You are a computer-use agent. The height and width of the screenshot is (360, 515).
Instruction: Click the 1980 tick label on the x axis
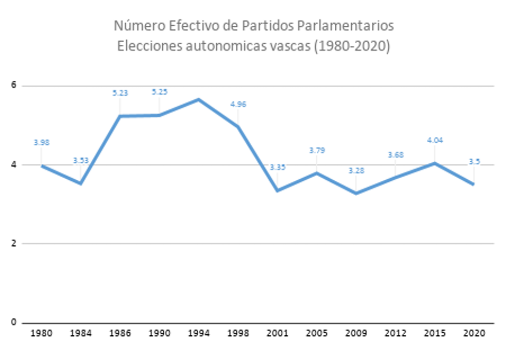(x=41, y=334)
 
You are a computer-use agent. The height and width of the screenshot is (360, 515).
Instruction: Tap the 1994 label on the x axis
(x=198, y=334)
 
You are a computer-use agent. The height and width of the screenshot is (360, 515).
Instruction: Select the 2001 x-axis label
(x=277, y=334)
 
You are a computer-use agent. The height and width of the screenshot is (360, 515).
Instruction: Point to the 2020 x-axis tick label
(x=473, y=334)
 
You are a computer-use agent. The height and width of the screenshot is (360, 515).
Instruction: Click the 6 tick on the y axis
(x=14, y=86)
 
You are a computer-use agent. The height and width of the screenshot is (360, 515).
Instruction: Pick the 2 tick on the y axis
(x=14, y=244)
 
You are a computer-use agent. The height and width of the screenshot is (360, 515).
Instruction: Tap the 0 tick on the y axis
(x=14, y=322)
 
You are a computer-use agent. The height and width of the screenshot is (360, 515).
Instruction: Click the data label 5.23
(x=120, y=93)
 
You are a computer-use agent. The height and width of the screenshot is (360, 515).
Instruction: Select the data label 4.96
(x=238, y=104)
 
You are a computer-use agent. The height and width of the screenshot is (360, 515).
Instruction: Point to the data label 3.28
(x=356, y=170)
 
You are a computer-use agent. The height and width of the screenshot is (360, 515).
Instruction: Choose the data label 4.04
(x=435, y=140)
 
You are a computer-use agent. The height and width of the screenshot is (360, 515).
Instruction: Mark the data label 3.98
(x=41, y=143)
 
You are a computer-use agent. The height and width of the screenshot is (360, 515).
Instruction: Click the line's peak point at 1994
(x=198, y=99)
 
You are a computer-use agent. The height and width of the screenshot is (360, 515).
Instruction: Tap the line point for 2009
(x=356, y=193)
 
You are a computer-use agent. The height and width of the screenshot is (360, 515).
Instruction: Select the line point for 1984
(x=81, y=183)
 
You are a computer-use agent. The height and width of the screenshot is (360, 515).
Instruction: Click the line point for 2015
(x=435, y=163)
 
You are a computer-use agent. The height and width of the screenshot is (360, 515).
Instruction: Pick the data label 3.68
(x=395, y=155)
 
